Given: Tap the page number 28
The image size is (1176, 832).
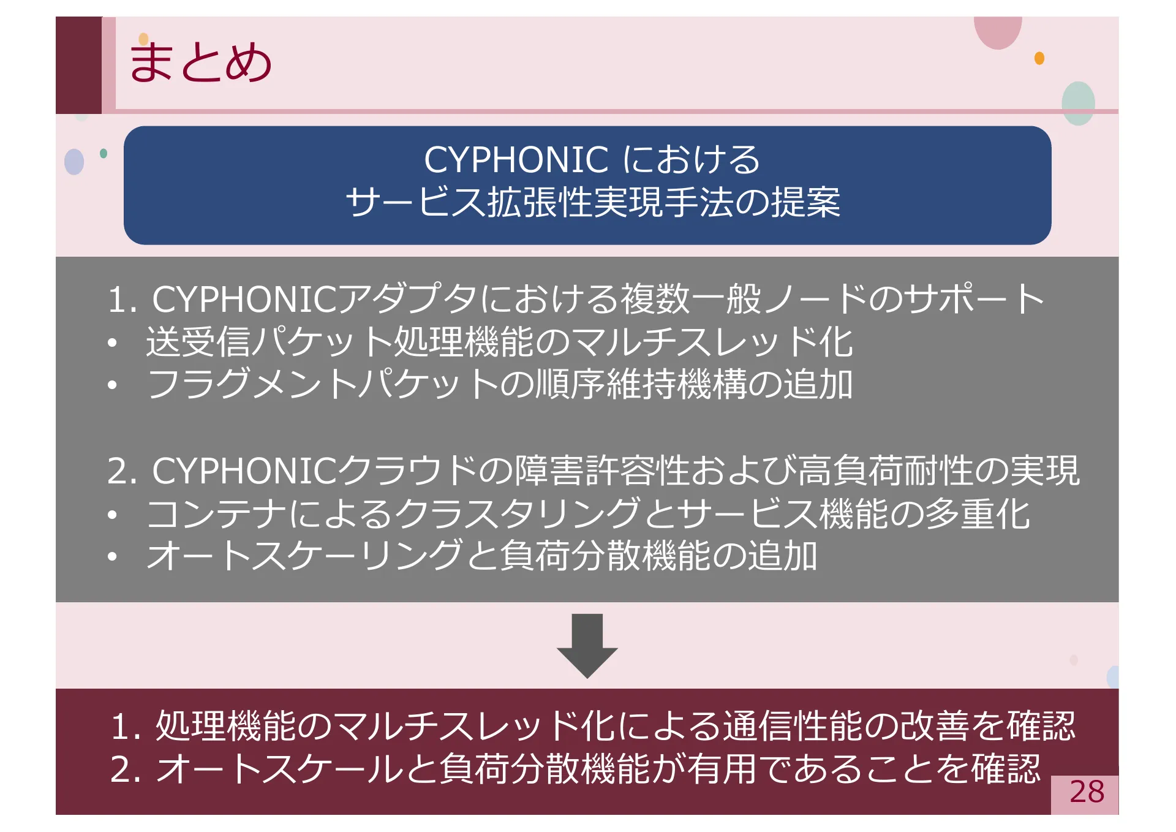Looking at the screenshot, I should pyautogui.click(x=1087, y=792).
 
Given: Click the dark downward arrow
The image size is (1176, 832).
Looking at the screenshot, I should pyautogui.click(x=587, y=646).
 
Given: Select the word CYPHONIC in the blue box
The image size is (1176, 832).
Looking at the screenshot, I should pyautogui.click(x=516, y=160).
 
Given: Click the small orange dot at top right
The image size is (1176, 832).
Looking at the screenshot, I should pyautogui.click(x=1039, y=58).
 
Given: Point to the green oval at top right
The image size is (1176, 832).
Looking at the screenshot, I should pyautogui.click(x=1078, y=103).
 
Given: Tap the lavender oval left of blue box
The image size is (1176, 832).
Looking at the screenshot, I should pyautogui.click(x=74, y=162).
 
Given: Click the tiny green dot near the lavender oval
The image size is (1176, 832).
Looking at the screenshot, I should pyautogui.click(x=104, y=153).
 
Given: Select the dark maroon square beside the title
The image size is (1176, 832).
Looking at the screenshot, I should pyautogui.click(x=78, y=65).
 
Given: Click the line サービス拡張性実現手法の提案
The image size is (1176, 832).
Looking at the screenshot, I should pyautogui.click(x=592, y=202).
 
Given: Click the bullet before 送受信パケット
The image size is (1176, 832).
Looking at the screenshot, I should pyautogui.click(x=111, y=344).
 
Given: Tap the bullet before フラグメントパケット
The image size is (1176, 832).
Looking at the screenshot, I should pyautogui.click(x=111, y=385).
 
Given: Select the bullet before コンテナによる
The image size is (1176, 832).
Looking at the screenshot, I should pyautogui.click(x=111, y=515).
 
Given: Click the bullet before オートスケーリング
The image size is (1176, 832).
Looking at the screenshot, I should pyautogui.click(x=111, y=557).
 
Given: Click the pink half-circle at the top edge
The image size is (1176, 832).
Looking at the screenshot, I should pyautogui.click(x=998, y=31).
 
